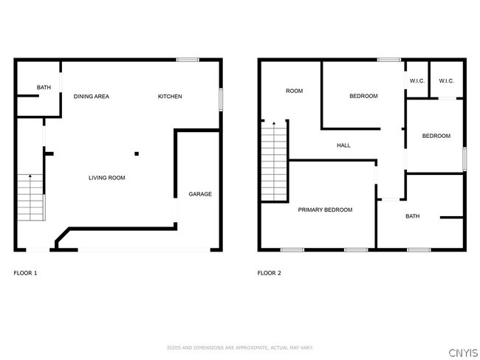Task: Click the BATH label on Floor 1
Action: click(x=44, y=89)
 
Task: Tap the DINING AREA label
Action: click(x=91, y=97)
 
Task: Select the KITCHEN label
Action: click(x=170, y=97)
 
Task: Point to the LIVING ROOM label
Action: click(x=107, y=178)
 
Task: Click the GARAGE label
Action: click(x=200, y=194)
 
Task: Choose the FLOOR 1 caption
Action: click(x=25, y=273)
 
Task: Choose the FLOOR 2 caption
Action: click(x=269, y=273)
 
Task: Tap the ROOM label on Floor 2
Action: click(x=295, y=91)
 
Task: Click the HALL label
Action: click(x=343, y=145)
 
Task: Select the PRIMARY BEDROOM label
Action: click(x=325, y=210)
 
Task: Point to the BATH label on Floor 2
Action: click(x=412, y=216)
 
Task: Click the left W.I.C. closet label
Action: click(x=416, y=81)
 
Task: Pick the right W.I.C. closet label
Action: click(x=446, y=81)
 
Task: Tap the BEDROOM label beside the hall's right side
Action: click(x=436, y=136)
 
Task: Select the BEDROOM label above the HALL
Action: click(x=363, y=97)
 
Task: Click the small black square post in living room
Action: click(x=137, y=154)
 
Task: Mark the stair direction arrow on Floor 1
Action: click(x=30, y=177)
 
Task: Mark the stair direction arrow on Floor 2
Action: click(x=274, y=124)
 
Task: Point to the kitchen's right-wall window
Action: click(x=220, y=100)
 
